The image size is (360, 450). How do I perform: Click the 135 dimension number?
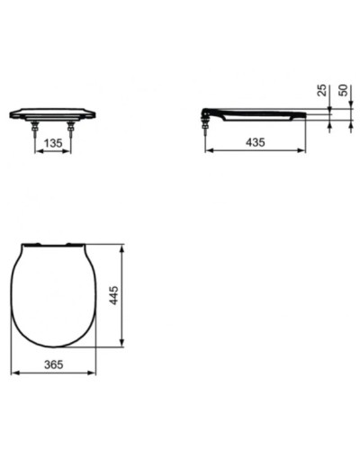52,142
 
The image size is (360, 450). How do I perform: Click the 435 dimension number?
256,142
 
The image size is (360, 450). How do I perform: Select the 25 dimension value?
320,91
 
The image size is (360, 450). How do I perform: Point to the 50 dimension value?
343,91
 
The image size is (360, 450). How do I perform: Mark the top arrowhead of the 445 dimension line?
122,246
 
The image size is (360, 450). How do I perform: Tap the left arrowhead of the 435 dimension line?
210,150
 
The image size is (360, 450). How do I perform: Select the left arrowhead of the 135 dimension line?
36,150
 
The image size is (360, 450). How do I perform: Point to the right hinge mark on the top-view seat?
71,244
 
